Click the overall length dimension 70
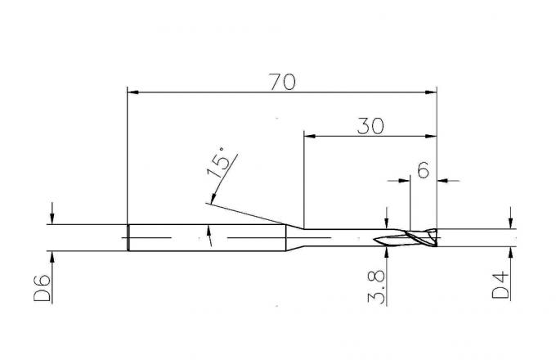[282, 82]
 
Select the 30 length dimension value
[370, 126]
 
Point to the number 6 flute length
[424, 170]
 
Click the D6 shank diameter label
[43, 288]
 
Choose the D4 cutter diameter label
[500, 286]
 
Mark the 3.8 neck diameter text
[376, 286]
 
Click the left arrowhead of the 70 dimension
[133, 92]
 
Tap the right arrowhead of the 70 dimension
[431, 92]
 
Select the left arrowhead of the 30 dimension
[310, 136]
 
